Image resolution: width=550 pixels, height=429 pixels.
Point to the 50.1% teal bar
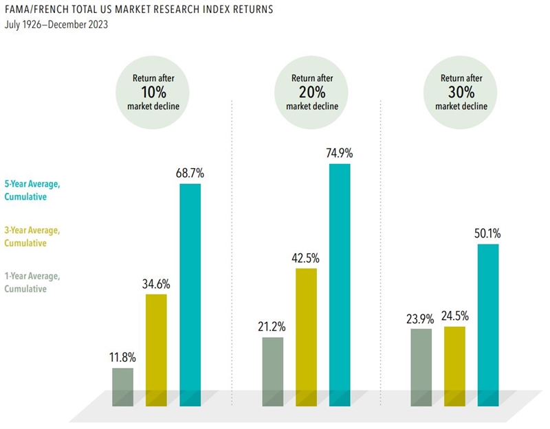coord(487,323)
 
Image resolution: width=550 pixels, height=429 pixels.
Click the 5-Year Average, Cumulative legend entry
coord(33,190)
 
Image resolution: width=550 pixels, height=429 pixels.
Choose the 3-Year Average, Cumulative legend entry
coord(33,236)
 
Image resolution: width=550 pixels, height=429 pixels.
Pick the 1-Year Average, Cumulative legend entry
coord(33,282)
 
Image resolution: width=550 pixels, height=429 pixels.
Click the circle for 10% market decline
coord(153,92)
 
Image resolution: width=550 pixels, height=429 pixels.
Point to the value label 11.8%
coord(123,358)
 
